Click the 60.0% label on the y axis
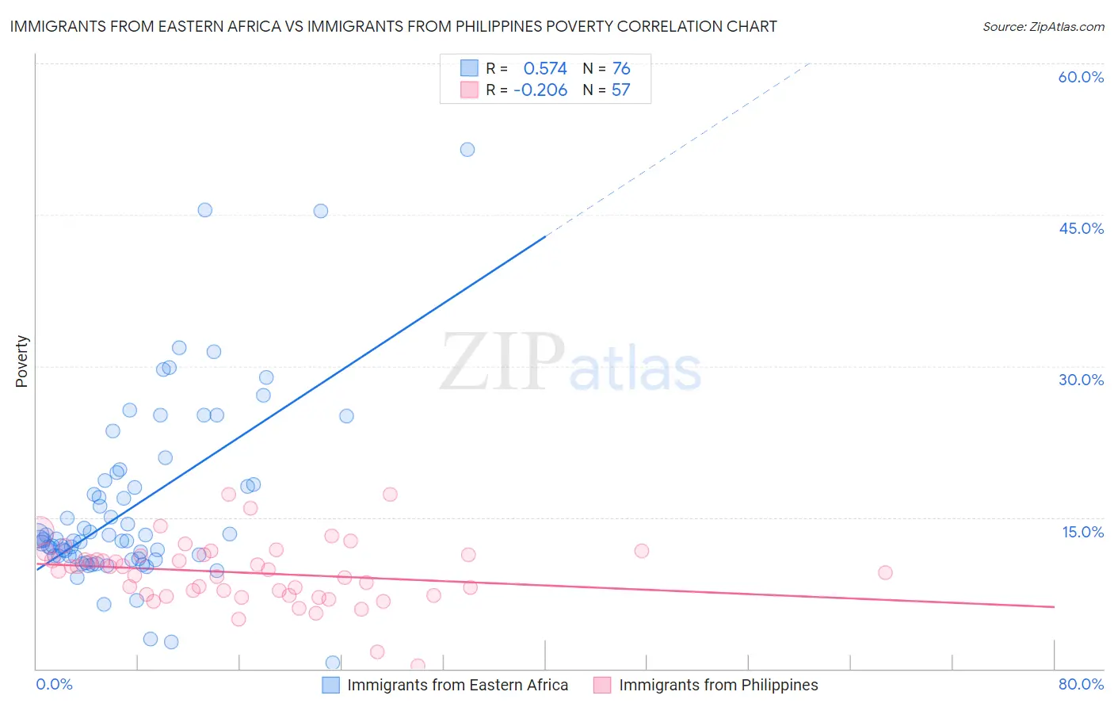coord(1081,77)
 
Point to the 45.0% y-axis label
coord(1081,228)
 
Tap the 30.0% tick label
coord(1081,380)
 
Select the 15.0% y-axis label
coord(1082,532)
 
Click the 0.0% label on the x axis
coord(54,684)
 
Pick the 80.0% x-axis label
coord(1081,684)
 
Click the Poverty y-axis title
coord(21,361)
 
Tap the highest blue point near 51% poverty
coord(467,150)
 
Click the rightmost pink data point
coord(885,572)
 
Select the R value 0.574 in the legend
coord(545,69)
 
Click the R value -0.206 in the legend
coord(540,90)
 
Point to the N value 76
coord(621,69)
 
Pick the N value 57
coord(620,90)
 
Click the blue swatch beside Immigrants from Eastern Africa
coord(330,685)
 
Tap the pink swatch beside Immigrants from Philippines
coord(602,685)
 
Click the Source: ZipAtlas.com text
coord(1043,27)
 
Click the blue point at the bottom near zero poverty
coord(333,663)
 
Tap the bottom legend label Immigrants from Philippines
coord(718,685)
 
